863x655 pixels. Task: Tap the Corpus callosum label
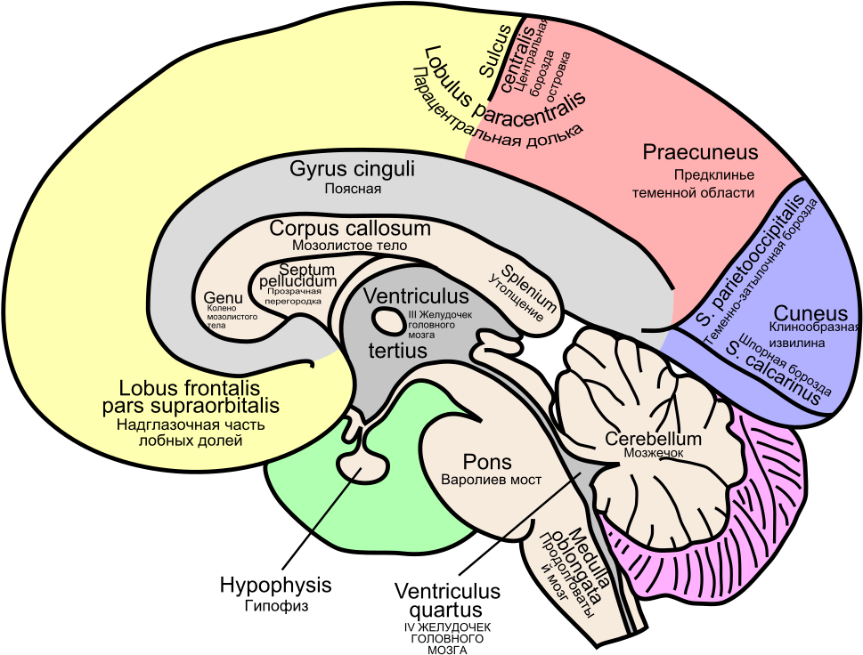(x=350, y=229)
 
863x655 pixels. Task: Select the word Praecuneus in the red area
(x=700, y=153)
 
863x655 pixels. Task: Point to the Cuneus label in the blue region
(x=810, y=313)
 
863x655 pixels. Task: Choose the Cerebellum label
(x=654, y=439)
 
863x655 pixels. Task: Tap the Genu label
(x=223, y=297)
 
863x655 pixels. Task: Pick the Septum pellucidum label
(x=297, y=275)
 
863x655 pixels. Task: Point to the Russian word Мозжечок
(x=652, y=453)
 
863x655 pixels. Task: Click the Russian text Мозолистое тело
(x=349, y=245)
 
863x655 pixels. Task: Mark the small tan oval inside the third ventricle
(x=388, y=320)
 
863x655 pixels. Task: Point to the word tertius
(x=397, y=351)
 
